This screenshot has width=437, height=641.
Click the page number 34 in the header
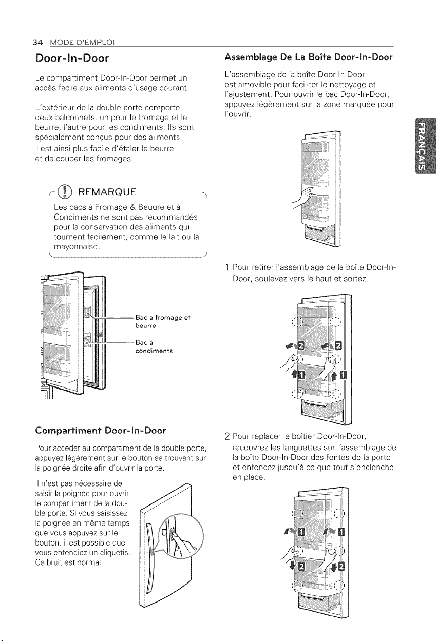point(37,43)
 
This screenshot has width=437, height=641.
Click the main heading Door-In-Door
point(72,59)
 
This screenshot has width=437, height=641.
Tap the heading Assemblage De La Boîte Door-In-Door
point(309,57)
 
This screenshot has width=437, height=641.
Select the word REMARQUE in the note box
point(107,192)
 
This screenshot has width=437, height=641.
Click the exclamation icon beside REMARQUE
point(65,191)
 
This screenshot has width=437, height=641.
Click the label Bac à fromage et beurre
point(163,321)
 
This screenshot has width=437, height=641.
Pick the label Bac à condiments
point(154,346)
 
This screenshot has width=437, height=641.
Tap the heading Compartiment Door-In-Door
point(101,431)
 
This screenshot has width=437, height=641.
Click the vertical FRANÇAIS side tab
point(425,145)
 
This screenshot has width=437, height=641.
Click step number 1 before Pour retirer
point(227,267)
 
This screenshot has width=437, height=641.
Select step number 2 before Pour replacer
point(227,437)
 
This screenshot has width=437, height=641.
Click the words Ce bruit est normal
point(69,562)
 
